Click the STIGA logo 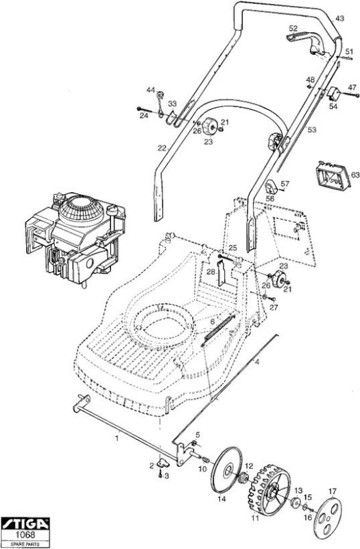tap(25, 524)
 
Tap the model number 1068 tap(25, 535)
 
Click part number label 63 tap(355, 174)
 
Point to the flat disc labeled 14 tap(226, 471)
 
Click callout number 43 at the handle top tap(339, 19)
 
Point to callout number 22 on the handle tap(161, 148)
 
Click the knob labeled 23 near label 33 tap(211, 126)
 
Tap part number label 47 tap(352, 87)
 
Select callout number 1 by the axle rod tap(117, 438)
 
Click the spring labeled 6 tap(218, 328)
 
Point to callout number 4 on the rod tap(258, 362)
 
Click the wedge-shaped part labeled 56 tap(271, 185)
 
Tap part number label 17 tap(332, 492)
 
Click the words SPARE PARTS tap(25, 544)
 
